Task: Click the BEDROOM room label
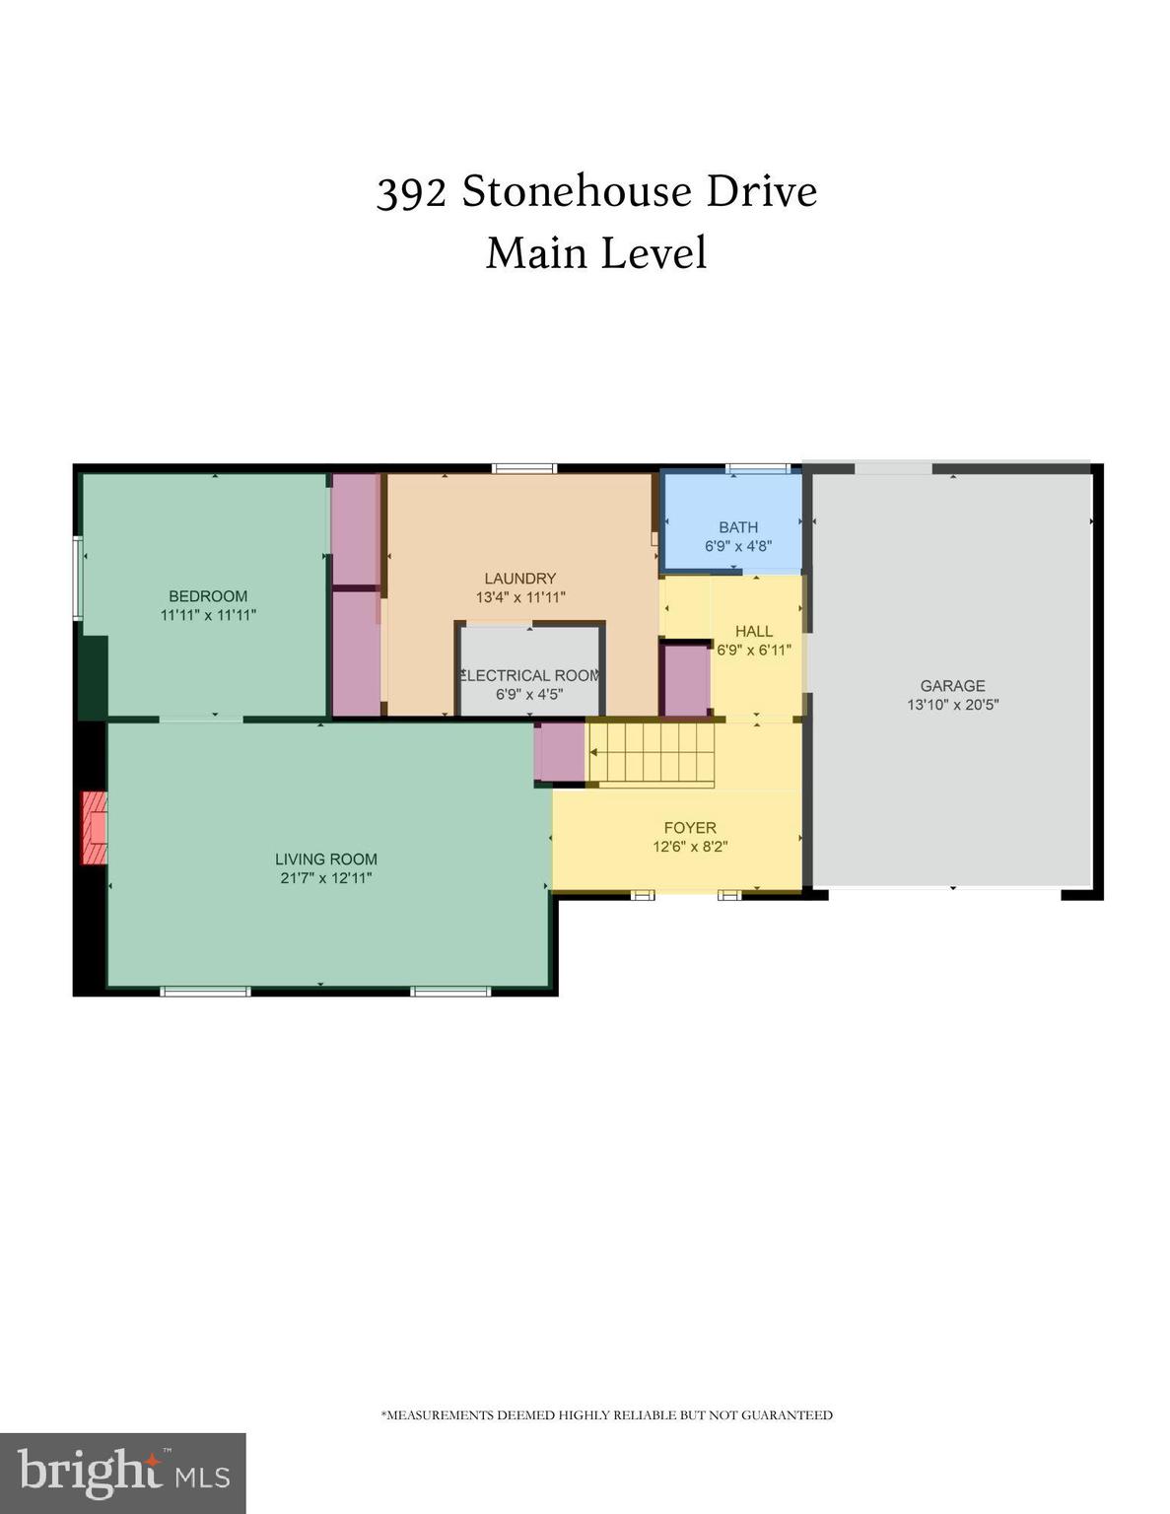coord(208,595)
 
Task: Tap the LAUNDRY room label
coord(519,579)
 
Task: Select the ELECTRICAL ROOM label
coord(530,675)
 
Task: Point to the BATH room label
coord(737,527)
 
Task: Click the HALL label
coord(754,631)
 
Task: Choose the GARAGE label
coord(952,686)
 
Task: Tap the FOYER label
coord(689,828)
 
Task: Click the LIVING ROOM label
coord(325,860)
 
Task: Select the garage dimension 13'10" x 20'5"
coord(952,705)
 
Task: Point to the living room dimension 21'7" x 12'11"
coord(325,878)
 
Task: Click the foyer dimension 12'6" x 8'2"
coord(689,847)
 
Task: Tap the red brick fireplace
coord(95,827)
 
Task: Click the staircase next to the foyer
coord(651,754)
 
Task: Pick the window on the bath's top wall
coord(757,468)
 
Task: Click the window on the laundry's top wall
coord(524,468)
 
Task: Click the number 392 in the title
coord(411,192)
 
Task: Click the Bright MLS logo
coord(122,1473)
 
